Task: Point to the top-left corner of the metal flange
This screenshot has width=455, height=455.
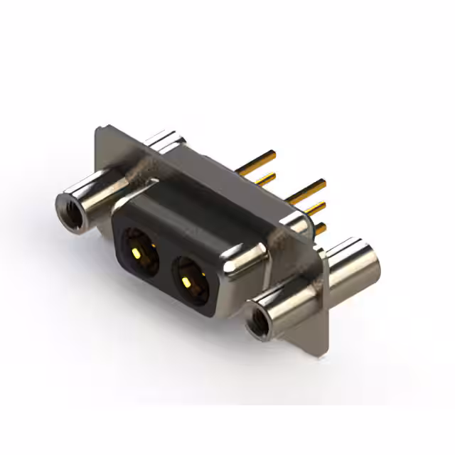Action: [99, 129]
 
